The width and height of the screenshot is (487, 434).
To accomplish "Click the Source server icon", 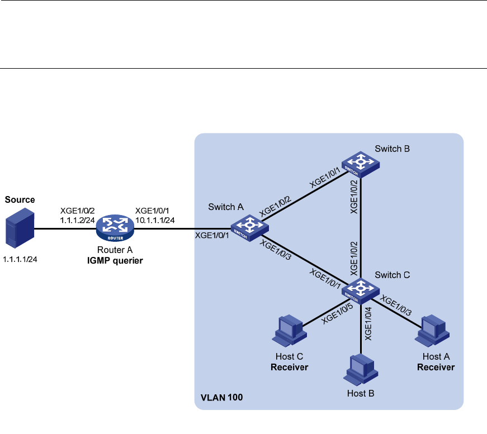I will [x=17, y=228].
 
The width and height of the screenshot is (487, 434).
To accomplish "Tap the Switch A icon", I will [x=249, y=229].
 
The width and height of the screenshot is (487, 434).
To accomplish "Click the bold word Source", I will [x=20, y=199].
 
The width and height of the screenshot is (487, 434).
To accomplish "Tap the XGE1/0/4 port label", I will [x=368, y=323].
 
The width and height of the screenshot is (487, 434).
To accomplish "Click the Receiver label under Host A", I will [x=436, y=367].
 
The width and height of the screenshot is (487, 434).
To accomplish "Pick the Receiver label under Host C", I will [x=290, y=367].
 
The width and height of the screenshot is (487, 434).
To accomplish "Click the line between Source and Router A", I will [x=64, y=229].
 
